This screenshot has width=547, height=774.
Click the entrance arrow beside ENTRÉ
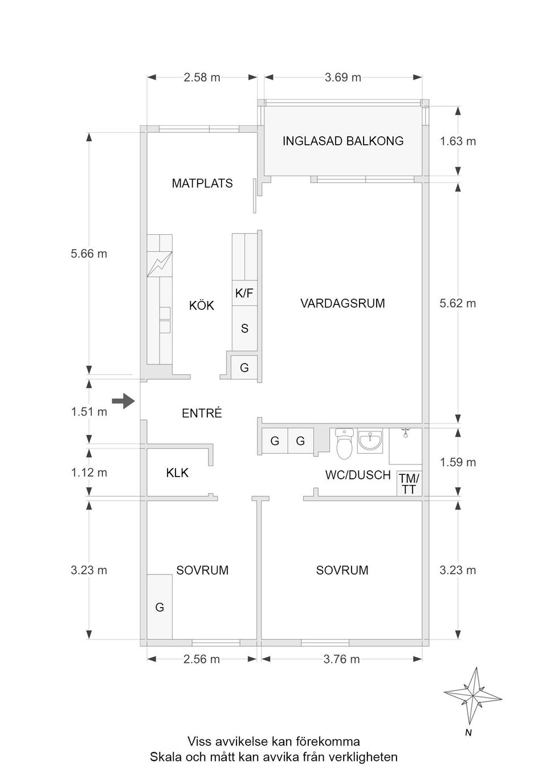point(123,401)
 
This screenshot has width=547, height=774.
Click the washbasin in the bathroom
point(370,441)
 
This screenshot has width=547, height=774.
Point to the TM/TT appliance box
point(409,484)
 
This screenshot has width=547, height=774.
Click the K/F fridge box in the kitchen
point(244,294)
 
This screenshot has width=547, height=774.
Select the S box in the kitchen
point(244,328)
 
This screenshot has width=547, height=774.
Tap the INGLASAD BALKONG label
point(343,141)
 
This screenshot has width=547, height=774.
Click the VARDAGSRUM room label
point(342,303)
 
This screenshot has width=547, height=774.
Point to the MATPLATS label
point(202,184)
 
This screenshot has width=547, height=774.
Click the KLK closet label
point(177,472)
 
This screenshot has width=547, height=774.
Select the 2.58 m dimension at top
point(202,78)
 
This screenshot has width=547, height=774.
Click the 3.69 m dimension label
point(343,78)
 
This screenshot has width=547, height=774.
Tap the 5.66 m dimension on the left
point(89,254)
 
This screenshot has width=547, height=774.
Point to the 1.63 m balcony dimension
point(458,141)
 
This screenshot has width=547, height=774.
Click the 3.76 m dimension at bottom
point(342,659)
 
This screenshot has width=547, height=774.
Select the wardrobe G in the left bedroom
point(160,607)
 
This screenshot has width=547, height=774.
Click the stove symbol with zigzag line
point(160,263)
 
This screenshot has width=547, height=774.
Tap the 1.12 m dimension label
point(89,472)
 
